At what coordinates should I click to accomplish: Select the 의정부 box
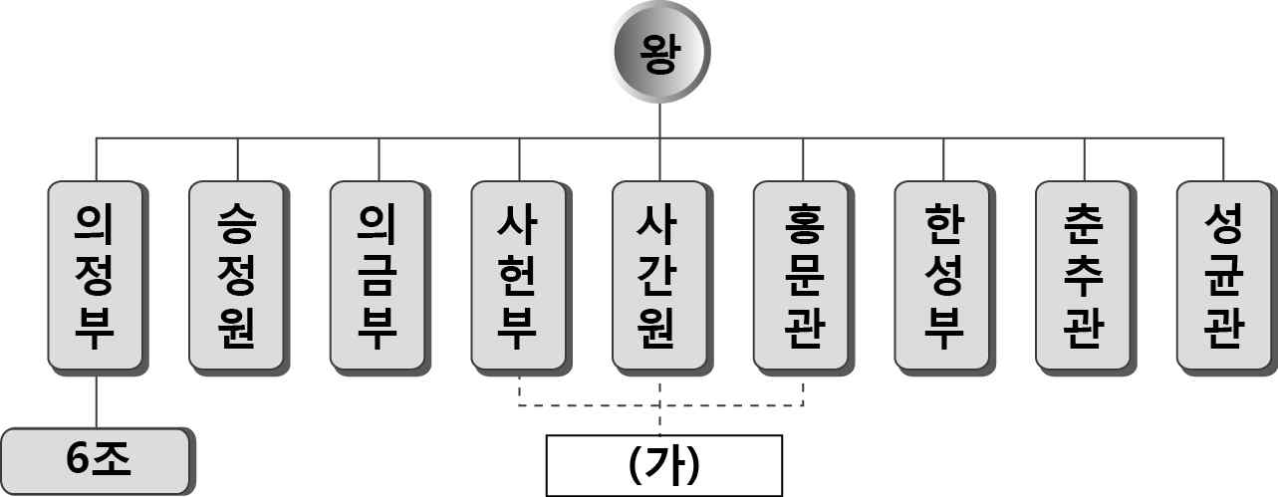(96, 274)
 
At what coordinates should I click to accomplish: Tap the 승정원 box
(237, 274)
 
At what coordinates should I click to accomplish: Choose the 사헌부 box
(519, 274)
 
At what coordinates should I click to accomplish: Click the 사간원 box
(660, 274)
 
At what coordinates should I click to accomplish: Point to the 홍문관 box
(802, 274)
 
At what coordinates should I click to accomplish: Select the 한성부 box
(942, 274)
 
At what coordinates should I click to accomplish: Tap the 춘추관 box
(1084, 274)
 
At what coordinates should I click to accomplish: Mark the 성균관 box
(1224, 274)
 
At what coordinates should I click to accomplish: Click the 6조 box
(96, 459)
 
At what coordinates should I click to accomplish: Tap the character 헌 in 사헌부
(519, 275)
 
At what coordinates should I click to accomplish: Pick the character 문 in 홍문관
(802, 275)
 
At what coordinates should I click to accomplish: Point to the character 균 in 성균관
(1224, 275)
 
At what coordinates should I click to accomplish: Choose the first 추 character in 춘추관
(1084, 275)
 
